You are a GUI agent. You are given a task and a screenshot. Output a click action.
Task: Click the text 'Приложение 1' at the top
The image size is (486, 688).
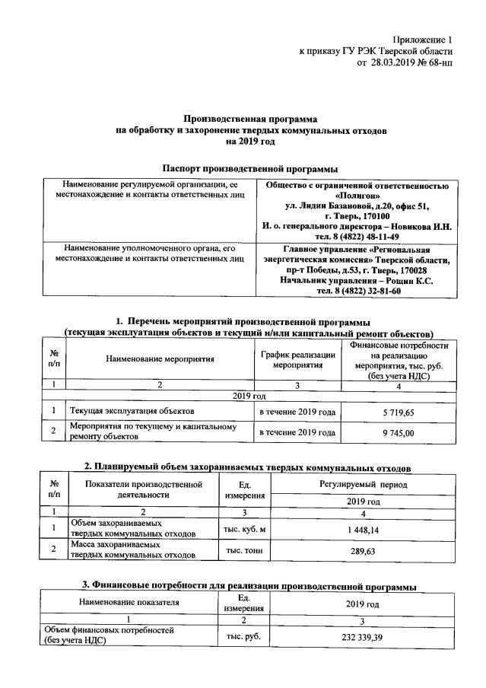(422, 38)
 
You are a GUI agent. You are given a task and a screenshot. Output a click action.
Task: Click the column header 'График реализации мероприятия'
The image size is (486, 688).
(297, 360)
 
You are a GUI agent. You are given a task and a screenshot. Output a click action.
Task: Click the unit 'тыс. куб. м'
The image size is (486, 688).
(243, 529)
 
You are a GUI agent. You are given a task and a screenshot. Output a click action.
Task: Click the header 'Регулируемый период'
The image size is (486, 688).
(364, 484)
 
